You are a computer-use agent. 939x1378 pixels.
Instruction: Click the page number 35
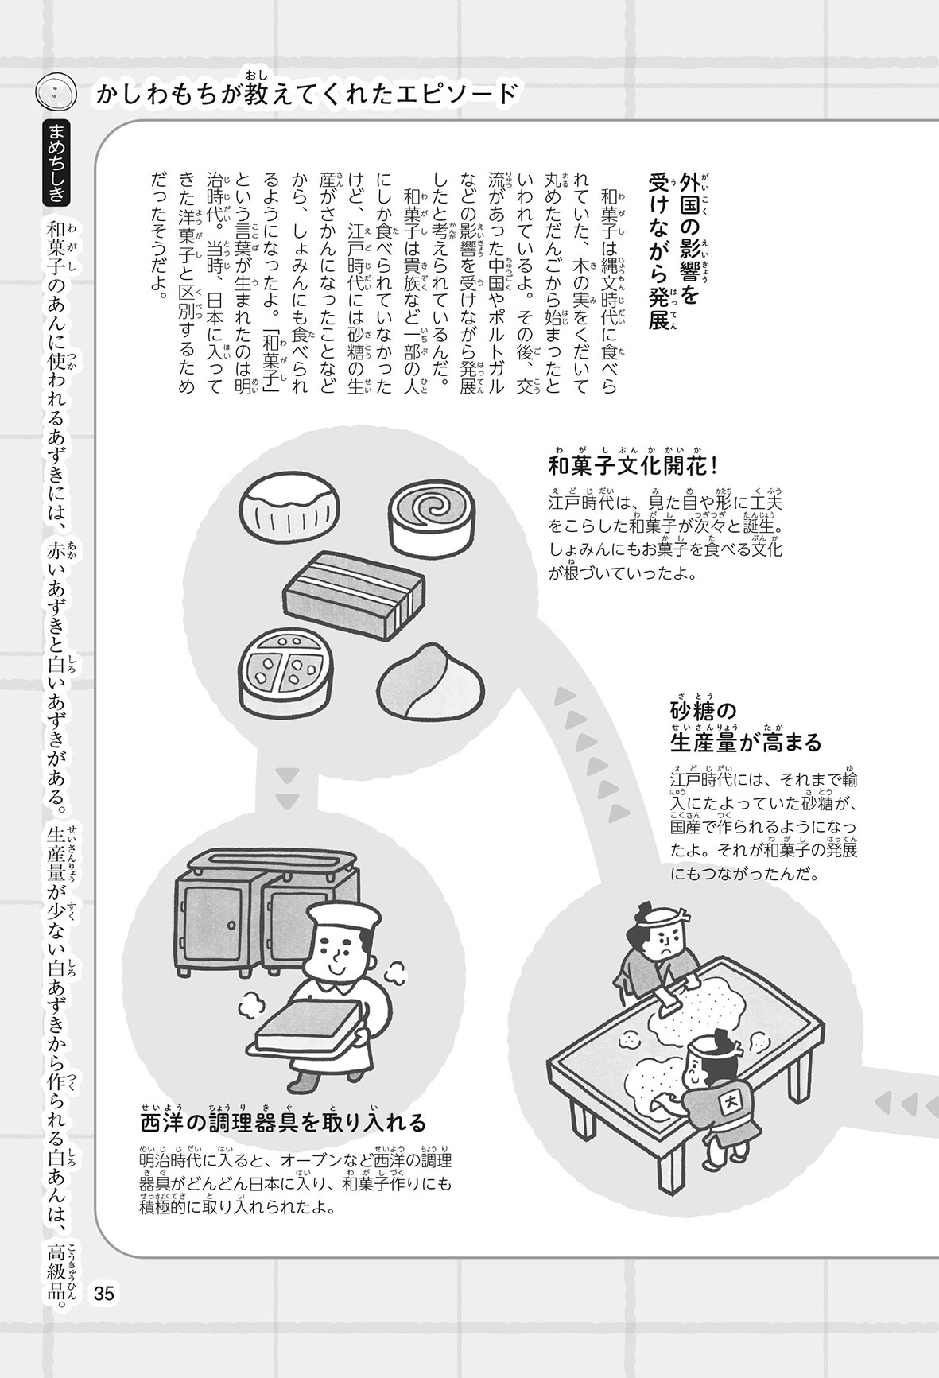(x=104, y=1292)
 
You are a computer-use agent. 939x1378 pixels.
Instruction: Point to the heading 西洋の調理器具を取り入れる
(x=283, y=1122)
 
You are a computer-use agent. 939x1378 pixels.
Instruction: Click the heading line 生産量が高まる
(x=746, y=743)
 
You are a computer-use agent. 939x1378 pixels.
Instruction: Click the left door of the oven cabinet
(x=210, y=922)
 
